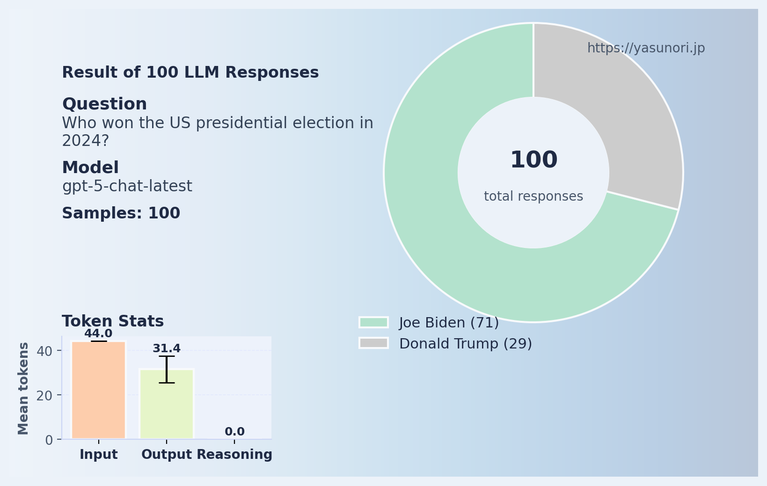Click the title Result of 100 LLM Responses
click(x=190, y=73)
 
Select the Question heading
click(x=104, y=104)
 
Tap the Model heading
click(x=90, y=168)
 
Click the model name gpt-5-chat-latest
click(x=127, y=186)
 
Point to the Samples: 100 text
click(x=121, y=213)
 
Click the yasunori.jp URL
click(x=646, y=48)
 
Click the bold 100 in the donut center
click(x=533, y=160)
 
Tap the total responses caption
click(x=533, y=196)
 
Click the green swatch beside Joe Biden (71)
click(x=373, y=322)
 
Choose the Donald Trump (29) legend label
click(x=465, y=344)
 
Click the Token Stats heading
click(x=113, y=321)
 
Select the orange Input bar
click(x=98, y=391)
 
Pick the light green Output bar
click(x=167, y=405)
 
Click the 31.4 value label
click(x=167, y=348)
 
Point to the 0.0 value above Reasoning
click(x=234, y=432)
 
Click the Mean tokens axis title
click(x=23, y=388)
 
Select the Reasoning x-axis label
click(x=234, y=455)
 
